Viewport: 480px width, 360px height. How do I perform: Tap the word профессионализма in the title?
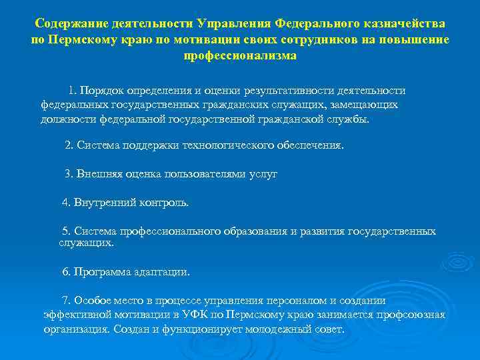(240, 56)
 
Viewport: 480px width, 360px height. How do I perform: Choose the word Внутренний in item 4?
(104, 202)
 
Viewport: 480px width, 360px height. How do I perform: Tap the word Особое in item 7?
(91, 300)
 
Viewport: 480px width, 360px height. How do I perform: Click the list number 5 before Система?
(65, 231)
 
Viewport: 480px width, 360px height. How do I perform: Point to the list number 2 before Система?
(68, 145)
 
